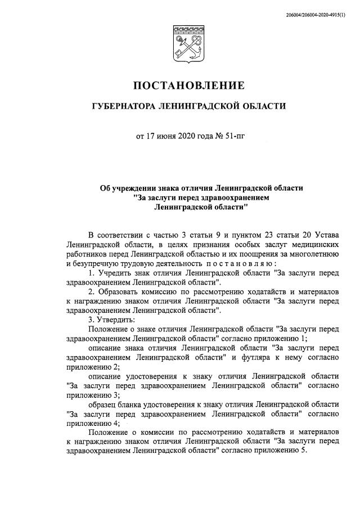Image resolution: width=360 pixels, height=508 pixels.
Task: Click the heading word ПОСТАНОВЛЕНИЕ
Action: click(188, 86)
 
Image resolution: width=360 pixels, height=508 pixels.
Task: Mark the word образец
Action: click(105, 404)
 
